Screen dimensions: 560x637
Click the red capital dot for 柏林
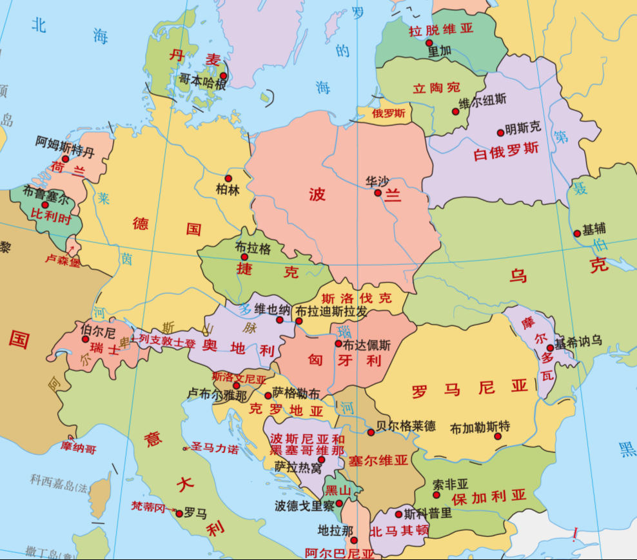point(228,178)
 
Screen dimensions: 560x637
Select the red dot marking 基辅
point(577,233)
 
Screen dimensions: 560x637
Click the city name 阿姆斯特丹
point(65,142)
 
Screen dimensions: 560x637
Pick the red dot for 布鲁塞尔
point(45,204)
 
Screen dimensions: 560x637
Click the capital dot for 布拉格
point(244,256)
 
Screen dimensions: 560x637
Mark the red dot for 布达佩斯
point(338,343)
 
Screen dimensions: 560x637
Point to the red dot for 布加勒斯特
point(498,436)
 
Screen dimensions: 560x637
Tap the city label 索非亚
point(451,484)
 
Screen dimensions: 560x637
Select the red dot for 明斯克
point(500,133)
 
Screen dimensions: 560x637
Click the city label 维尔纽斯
point(482,100)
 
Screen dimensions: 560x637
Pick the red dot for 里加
point(429,43)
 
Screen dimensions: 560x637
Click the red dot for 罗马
point(179,513)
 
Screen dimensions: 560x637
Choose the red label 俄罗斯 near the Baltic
point(389,113)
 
